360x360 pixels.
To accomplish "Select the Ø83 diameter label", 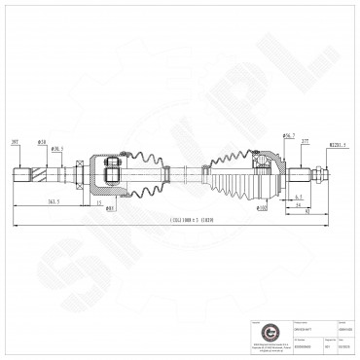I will (x=111, y=207).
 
